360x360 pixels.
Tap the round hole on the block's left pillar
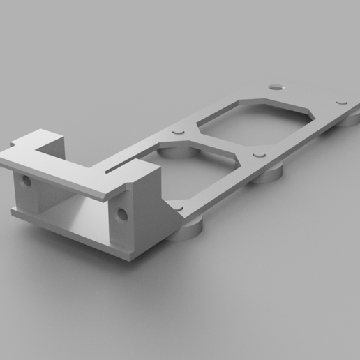tap(27, 181)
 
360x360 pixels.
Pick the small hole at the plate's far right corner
tap(341, 103)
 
